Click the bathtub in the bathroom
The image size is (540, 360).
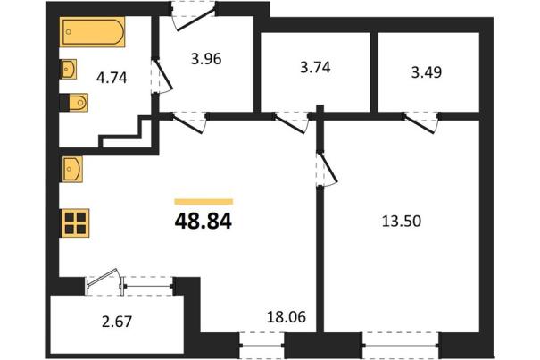[x=92, y=32]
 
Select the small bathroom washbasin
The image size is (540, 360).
[x=68, y=69]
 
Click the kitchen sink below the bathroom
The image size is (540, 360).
[x=71, y=169]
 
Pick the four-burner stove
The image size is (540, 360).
[x=75, y=223]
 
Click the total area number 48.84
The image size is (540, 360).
[x=204, y=222]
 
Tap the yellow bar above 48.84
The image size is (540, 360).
[x=204, y=202]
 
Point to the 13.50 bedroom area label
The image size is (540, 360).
[x=402, y=221]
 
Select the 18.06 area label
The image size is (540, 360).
[x=287, y=316]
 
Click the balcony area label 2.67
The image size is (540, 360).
[x=117, y=322]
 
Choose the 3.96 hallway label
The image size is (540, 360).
[x=206, y=59]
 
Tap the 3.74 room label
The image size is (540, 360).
[x=315, y=67]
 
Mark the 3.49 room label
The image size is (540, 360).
[x=427, y=72]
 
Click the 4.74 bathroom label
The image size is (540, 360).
[x=112, y=78]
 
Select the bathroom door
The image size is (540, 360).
[x=162, y=76]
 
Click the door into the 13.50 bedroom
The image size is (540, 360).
[x=327, y=170]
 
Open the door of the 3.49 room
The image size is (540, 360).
[x=421, y=121]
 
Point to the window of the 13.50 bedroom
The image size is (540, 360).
[x=401, y=345]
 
